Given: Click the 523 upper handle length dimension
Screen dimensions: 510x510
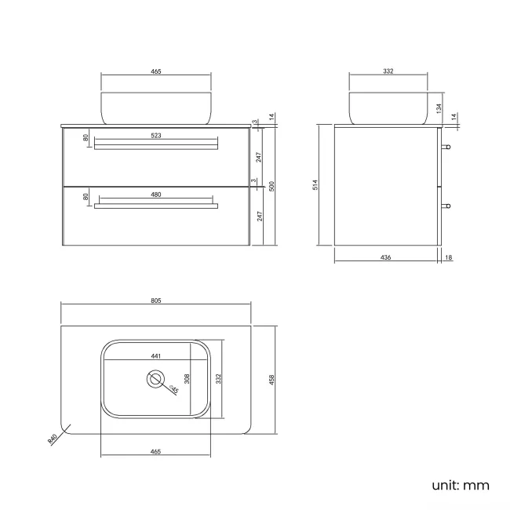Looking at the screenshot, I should pyautogui.click(x=155, y=135).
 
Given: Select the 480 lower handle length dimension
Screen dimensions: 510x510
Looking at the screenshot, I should pyautogui.click(x=155, y=195).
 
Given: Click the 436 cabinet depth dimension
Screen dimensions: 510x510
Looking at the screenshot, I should pyautogui.click(x=385, y=257).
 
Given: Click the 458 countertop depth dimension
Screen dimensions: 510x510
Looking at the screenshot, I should pyautogui.click(x=272, y=379).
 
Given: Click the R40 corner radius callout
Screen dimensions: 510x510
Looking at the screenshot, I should pyautogui.click(x=53, y=440).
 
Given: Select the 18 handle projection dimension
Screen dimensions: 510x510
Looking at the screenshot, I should pyautogui.click(x=448, y=257).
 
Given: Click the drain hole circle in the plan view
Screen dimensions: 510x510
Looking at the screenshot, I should pyautogui.click(x=155, y=380).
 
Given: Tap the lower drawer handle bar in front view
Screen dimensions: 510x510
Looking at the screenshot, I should pyautogui.click(x=155, y=206).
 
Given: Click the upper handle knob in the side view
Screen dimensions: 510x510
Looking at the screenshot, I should pyautogui.click(x=446, y=147).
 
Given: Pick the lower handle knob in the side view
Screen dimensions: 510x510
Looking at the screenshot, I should pyautogui.click(x=446, y=206).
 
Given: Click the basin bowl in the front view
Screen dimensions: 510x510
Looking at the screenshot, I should pyautogui.click(x=155, y=107).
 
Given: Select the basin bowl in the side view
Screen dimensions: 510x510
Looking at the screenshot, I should pyautogui.click(x=388, y=107).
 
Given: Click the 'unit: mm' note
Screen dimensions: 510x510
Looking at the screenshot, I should pyautogui.click(x=460, y=485).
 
